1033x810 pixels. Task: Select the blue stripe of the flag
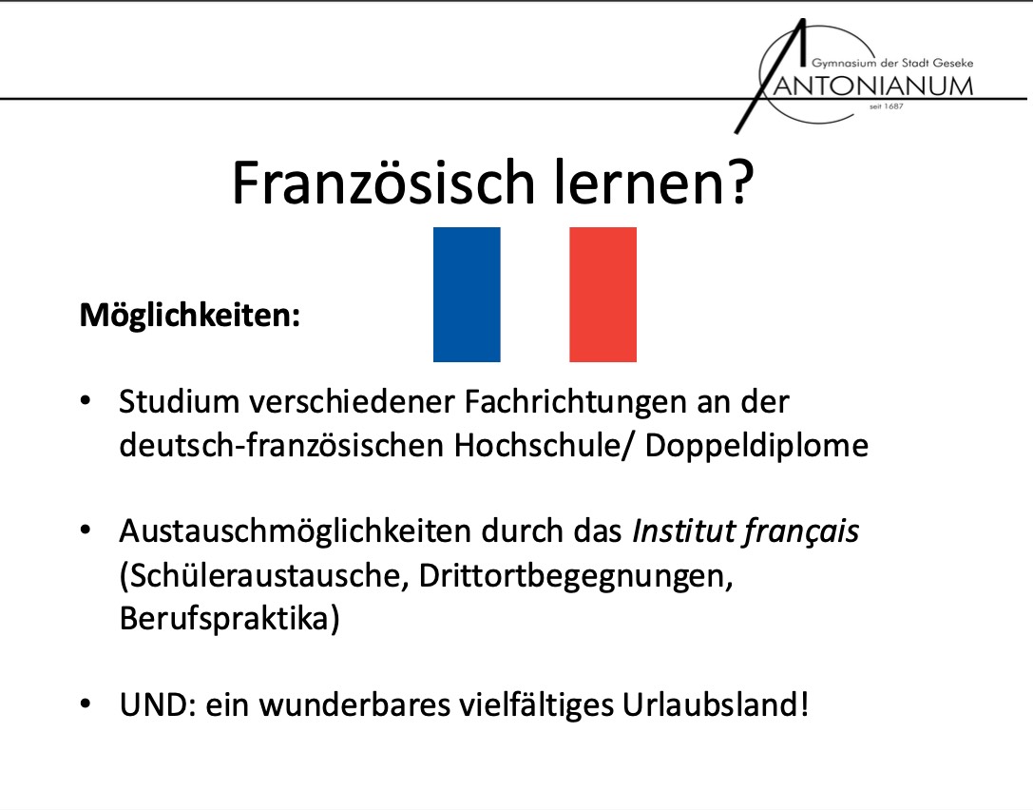tap(467, 295)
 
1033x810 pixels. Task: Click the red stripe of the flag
tap(603, 295)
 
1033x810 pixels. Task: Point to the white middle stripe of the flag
tap(534, 295)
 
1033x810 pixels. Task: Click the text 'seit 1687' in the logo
tap(886, 106)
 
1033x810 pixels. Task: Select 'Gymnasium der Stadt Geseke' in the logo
tap(891, 63)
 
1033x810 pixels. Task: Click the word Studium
tap(178, 402)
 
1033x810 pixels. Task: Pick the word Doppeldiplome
tap(756, 445)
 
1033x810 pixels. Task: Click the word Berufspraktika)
tap(228, 619)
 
